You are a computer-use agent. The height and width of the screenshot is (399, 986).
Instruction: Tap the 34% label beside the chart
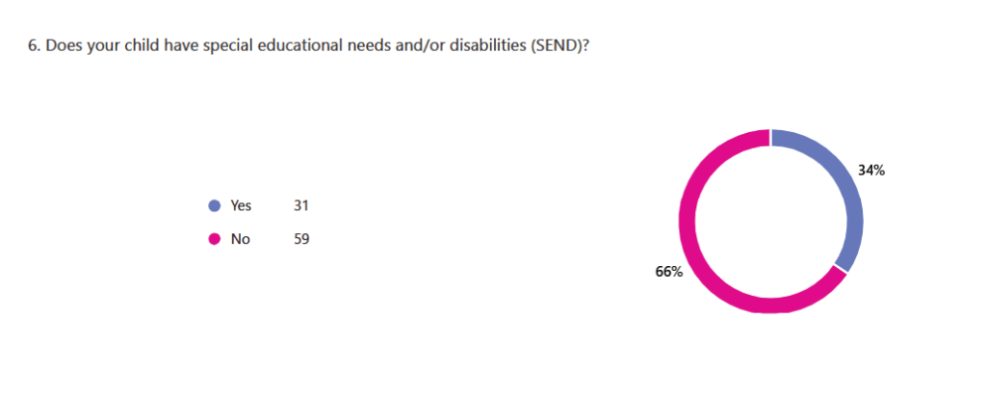(871, 171)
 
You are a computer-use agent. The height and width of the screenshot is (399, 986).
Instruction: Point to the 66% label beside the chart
(668, 272)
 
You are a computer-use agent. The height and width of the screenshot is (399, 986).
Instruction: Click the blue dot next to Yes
(214, 205)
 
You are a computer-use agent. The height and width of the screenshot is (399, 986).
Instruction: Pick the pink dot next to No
(214, 239)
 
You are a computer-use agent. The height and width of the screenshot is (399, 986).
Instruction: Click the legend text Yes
(241, 205)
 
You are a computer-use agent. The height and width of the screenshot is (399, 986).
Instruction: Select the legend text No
(240, 239)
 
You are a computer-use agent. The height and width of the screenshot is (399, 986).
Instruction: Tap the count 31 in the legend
(300, 205)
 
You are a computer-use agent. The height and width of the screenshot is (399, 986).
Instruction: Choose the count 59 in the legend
(300, 239)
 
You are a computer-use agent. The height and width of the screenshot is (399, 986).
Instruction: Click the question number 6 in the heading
(32, 46)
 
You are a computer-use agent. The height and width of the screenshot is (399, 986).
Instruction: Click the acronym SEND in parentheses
(553, 46)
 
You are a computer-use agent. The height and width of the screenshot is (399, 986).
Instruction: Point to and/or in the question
(413, 46)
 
